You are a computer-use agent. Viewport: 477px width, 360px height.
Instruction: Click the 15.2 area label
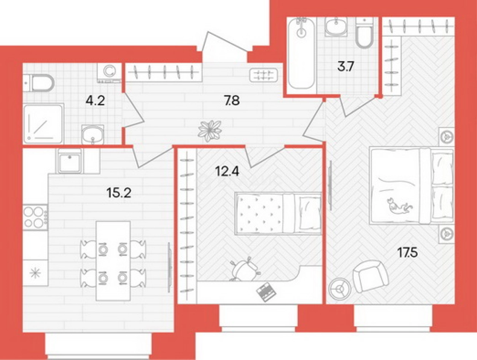tap(119, 193)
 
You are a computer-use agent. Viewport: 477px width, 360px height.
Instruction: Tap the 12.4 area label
tap(227, 171)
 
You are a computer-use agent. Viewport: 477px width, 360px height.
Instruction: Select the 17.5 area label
tap(407, 252)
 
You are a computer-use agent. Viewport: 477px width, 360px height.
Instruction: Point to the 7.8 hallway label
tap(232, 101)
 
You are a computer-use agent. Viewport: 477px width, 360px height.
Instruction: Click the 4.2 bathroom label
tap(95, 101)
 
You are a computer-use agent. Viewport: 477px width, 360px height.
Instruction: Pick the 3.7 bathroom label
tap(346, 66)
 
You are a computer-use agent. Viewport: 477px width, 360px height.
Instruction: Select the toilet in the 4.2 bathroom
tap(39, 83)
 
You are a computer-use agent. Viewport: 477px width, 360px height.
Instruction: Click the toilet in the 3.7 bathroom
tap(365, 33)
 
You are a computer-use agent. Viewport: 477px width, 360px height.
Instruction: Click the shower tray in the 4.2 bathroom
tap(44, 124)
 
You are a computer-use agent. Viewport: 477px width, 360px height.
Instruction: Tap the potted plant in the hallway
tap(210, 131)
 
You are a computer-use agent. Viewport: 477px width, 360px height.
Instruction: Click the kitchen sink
tap(70, 161)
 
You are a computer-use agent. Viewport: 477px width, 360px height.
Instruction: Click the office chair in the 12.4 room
tap(245, 269)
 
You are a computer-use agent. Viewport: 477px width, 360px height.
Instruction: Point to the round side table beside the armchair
tap(339, 289)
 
